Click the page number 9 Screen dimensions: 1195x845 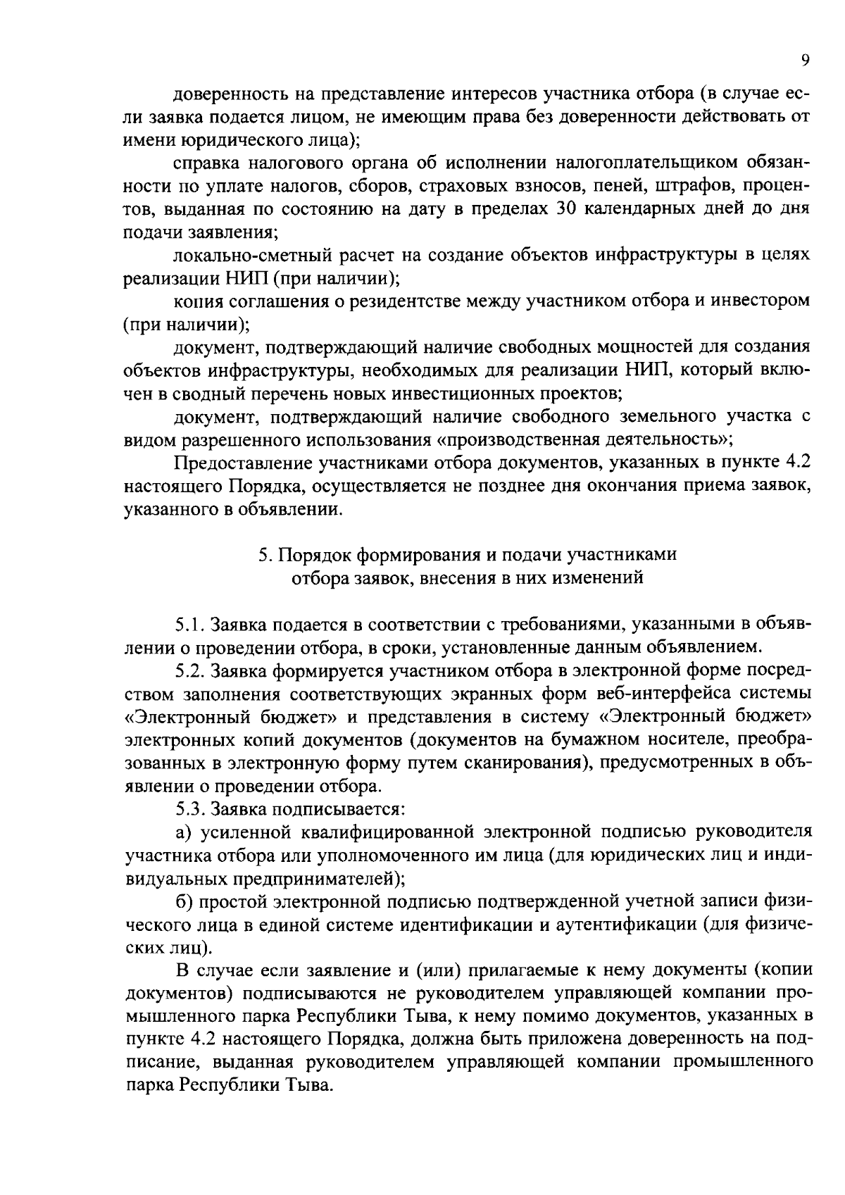click(x=805, y=61)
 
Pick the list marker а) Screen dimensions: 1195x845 click(x=184, y=832)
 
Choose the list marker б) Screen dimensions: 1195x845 click(x=184, y=901)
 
